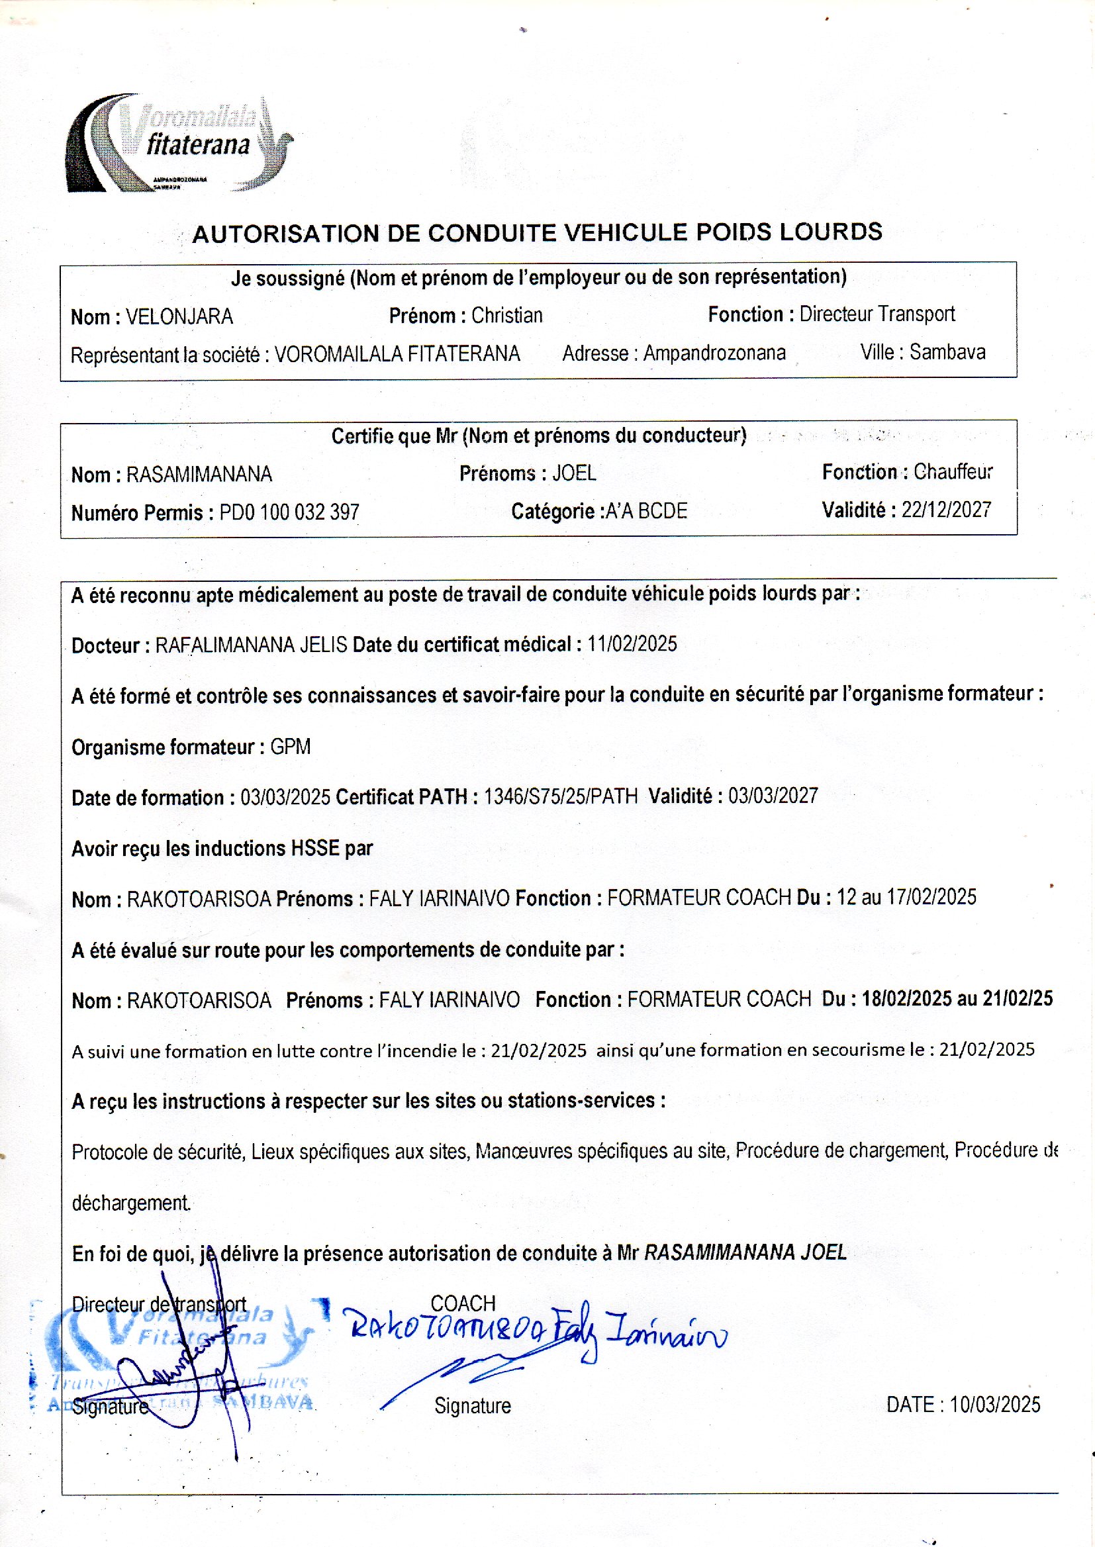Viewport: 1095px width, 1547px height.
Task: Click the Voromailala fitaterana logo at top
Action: [179, 143]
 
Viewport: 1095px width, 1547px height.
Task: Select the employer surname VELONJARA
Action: [179, 317]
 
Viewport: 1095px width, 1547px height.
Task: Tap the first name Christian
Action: [506, 316]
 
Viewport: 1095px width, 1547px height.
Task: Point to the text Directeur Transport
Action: [877, 314]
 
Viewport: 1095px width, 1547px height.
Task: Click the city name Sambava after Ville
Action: [947, 352]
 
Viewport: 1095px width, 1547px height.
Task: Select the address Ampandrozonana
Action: [714, 353]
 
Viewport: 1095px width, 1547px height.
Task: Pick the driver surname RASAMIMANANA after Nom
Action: [199, 475]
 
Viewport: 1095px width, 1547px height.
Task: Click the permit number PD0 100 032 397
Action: [289, 513]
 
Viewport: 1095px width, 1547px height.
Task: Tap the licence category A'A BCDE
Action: [646, 512]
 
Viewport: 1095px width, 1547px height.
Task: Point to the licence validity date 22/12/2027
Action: [946, 510]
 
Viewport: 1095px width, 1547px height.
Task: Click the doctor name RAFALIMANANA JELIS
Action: [252, 645]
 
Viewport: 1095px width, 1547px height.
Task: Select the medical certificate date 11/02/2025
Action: [632, 643]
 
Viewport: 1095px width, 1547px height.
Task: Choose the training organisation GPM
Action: [290, 747]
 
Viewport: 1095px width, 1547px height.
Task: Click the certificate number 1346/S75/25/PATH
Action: [560, 797]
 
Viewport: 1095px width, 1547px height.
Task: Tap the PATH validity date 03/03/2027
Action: [773, 796]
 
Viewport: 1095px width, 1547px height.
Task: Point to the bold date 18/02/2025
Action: [906, 998]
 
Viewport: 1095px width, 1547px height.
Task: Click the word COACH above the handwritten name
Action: [463, 1303]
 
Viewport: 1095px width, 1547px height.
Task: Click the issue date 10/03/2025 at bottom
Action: [994, 1405]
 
